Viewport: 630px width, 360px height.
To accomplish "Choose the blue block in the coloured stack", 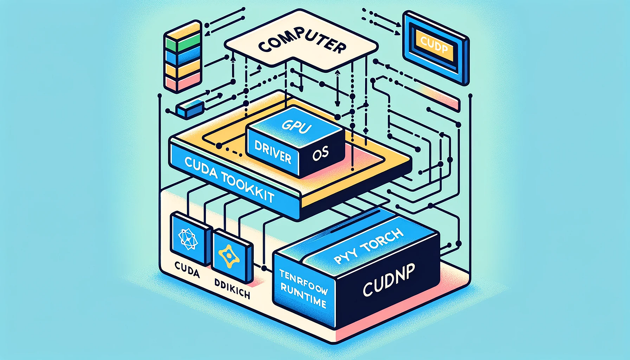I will [x=177, y=57].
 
